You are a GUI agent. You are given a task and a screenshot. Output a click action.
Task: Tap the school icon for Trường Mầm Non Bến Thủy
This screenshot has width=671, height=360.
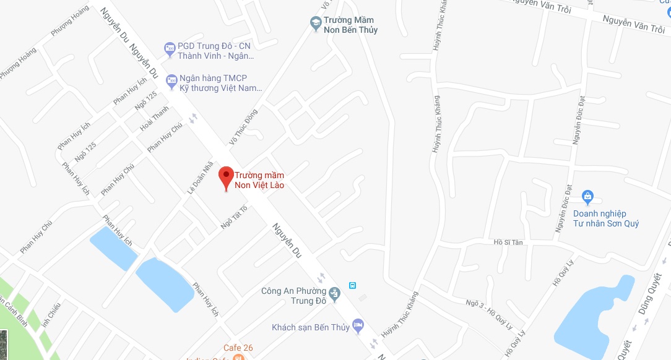tap(316, 24)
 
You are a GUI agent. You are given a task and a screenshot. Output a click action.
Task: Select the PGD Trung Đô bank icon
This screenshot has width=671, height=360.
tap(170, 48)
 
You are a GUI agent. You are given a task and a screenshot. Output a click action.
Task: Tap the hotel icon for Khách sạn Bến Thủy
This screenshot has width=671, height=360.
tap(357, 324)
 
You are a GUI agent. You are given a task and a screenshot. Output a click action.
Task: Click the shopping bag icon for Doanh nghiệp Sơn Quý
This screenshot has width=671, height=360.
tap(588, 198)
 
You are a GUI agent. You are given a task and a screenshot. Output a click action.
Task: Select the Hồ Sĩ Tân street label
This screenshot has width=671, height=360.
tap(508, 242)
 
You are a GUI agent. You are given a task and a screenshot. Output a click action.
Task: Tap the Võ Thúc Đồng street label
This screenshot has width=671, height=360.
tap(243, 127)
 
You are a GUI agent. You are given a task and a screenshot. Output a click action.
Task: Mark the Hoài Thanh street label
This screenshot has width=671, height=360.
tap(154, 119)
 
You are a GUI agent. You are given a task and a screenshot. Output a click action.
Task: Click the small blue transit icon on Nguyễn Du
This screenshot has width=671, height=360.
tap(352, 285)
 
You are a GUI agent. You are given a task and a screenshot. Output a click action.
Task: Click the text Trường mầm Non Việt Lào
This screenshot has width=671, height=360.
tap(259, 180)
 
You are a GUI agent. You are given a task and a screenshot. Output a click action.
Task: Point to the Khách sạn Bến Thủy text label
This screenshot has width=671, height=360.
tap(310, 327)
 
